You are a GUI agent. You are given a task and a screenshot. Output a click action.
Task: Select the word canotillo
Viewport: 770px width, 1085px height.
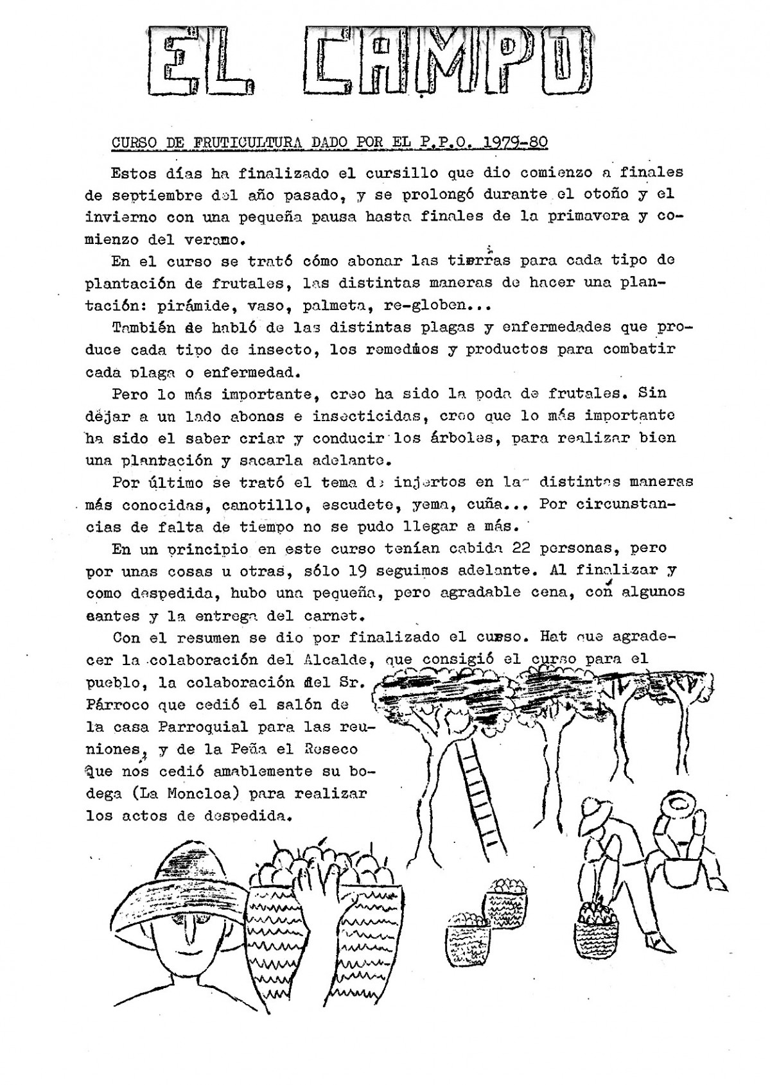point(262,505)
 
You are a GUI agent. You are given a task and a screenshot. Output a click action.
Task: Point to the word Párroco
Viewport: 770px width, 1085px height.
point(117,704)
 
